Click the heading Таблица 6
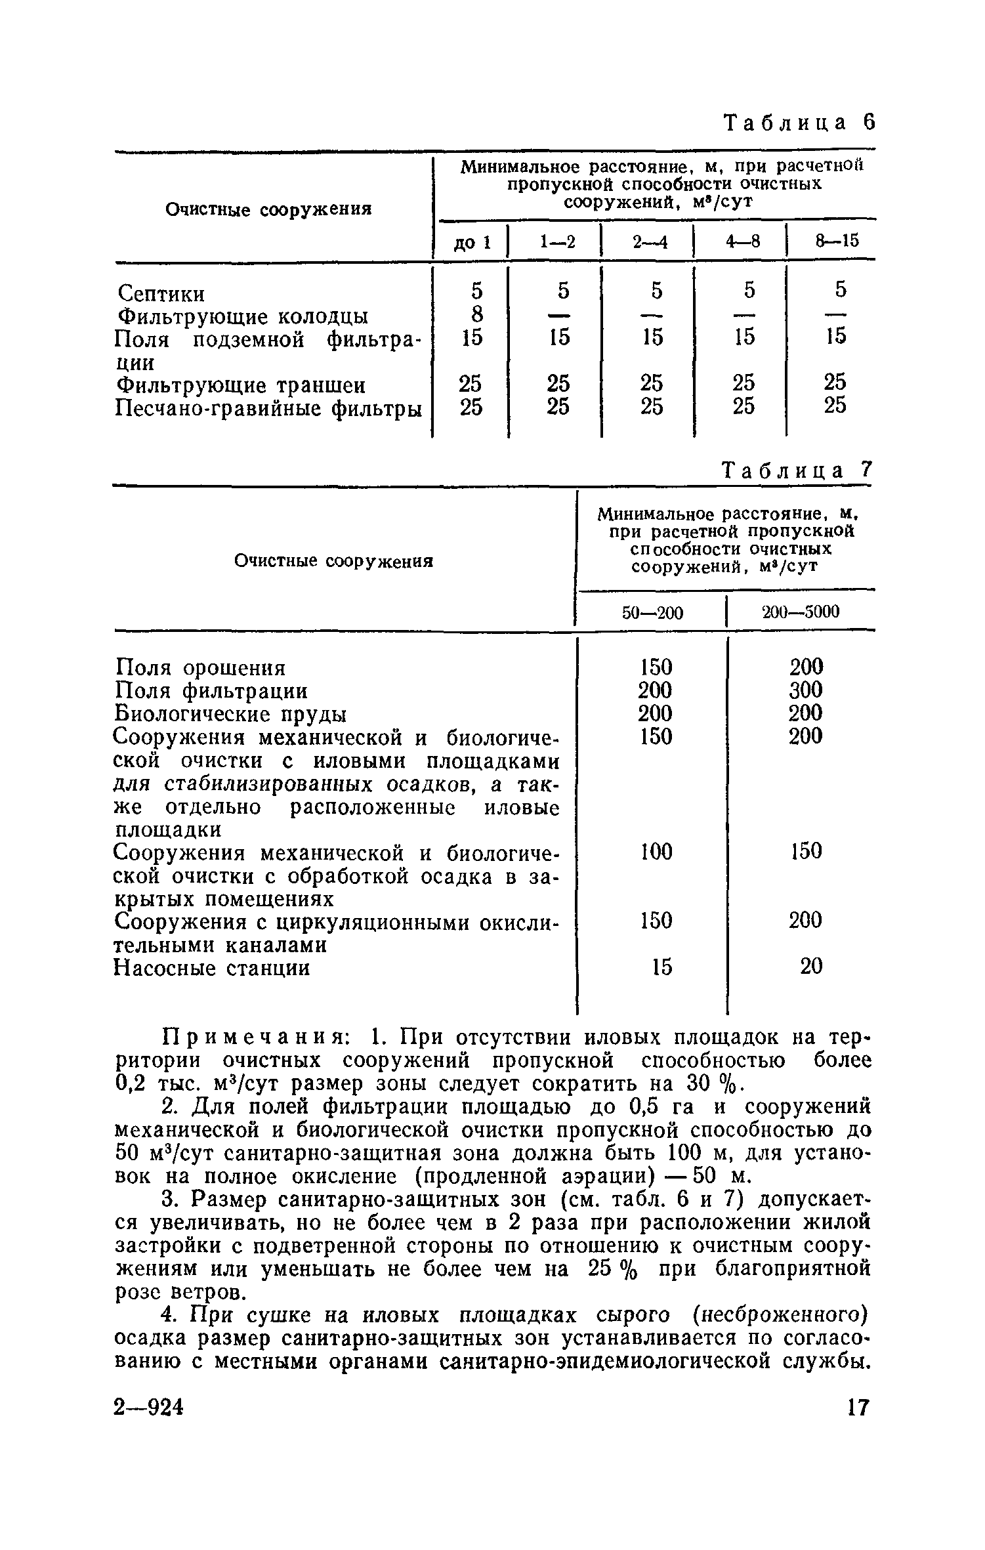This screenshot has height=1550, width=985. [x=799, y=123]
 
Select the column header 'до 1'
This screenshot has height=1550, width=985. [x=472, y=242]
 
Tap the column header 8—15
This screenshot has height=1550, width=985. [x=836, y=241]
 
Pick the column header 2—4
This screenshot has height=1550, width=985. [x=650, y=242]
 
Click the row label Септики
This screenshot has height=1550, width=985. [x=160, y=293]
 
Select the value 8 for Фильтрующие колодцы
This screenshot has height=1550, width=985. [x=476, y=316]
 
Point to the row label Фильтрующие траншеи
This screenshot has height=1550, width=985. [x=240, y=385]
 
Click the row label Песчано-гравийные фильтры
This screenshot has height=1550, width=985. [x=268, y=408]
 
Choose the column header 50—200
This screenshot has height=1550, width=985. [x=652, y=613]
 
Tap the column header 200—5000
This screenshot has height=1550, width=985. [x=800, y=612]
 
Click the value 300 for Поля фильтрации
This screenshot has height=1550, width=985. [x=805, y=690]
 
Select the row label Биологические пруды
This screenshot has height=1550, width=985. [x=230, y=714]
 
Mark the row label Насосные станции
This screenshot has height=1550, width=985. [x=212, y=968]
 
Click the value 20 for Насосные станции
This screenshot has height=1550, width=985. [x=810, y=967]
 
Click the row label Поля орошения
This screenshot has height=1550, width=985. [x=200, y=668]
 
